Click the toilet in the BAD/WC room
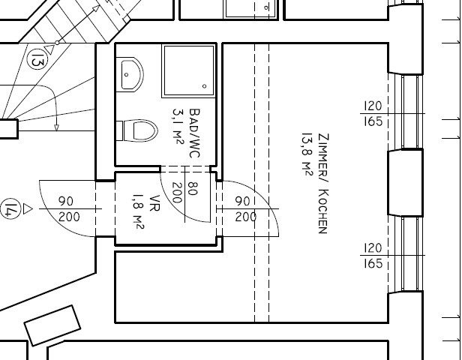pyautogui.click(x=137, y=130)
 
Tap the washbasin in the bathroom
pyautogui.click(x=130, y=74)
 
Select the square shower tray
pyautogui.click(x=189, y=70)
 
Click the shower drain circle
pyautogui.click(x=205, y=86)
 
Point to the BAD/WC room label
pyautogui.click(x=194, y=133)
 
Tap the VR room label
pyautogui.click(x=154, y=203)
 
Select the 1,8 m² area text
pyautogui.click(x=138, y=211)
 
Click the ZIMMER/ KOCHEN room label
pyautogui.click(x=323, y=184)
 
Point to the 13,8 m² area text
pyautogui.click(x=307, y=155)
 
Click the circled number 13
pyautogui.click(x=37, y=59)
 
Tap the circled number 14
pyautogui.click(x=10, y=208)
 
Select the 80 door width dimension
pyautogui.click(x=193, y=188)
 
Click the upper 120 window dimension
pyautogui.click(x=373, y=106)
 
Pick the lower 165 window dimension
pyautogui.click(x=373, y=263)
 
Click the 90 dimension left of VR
pyautogui.click(x=66, y=202)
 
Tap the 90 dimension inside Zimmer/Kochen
pyautogui.click(x=243, y=202)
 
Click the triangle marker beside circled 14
pyautogui.click(x=28, y=208)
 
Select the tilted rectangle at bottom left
pyautogui.click(x=52, y=325)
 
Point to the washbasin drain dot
pyautogui.click(x=127, y=75)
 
